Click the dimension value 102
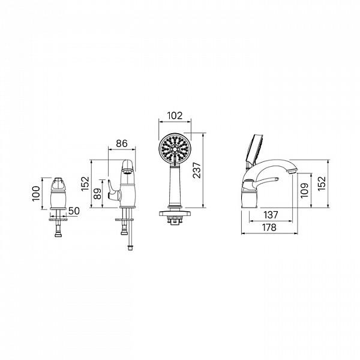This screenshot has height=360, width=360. pos(175,115)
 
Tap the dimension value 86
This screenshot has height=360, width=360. pos(121,143)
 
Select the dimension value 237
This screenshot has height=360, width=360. pos(197,170)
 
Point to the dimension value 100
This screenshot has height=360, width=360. pos(36,194)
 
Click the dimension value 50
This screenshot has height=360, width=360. pos(74,211)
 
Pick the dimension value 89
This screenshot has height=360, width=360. pos(97,194)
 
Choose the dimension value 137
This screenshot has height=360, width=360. pos(271,215)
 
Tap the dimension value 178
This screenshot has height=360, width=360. pos(269,227)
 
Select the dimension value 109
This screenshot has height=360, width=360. pos(304,190)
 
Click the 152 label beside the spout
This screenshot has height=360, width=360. pos(322,183)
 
